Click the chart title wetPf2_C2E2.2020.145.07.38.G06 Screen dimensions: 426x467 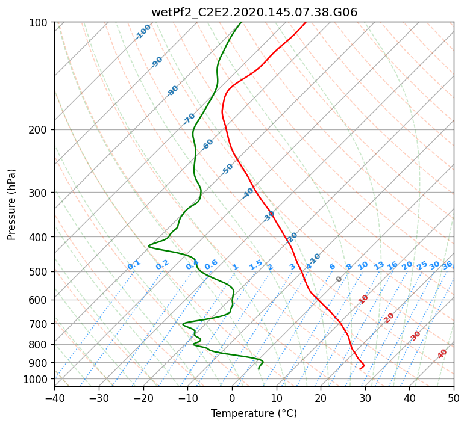(254, 11)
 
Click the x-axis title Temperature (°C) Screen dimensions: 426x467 (254, 413)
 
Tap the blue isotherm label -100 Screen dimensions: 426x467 (143, 31)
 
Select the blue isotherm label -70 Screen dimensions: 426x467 (189, 118)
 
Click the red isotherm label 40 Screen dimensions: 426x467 (442, 354)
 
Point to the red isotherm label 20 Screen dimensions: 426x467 (389, 317)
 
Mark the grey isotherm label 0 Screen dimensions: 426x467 (339, 279)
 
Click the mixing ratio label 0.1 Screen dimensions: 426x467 (134, 265)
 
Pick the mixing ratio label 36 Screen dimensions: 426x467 (447, 265)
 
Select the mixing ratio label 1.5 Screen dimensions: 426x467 (256, 265)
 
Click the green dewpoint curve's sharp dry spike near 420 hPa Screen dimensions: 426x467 (149, 246)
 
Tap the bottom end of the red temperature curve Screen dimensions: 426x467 (360, 369)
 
